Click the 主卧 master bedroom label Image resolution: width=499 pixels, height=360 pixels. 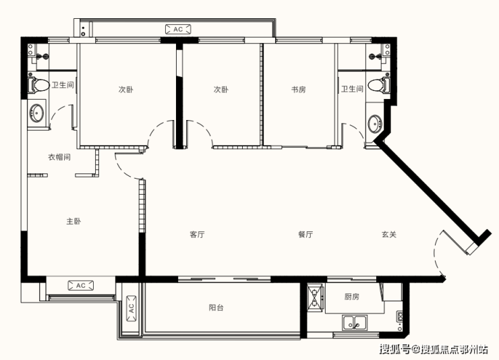click(x=74, y=221)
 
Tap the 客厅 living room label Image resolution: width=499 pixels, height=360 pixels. click(x=197, y=235)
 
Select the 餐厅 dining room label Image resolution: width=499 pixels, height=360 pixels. click(x=305, y=235)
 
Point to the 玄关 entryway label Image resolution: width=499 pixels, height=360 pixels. click(x=389, y=235)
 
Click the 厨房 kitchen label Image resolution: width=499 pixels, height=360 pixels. click(x=351, y=297)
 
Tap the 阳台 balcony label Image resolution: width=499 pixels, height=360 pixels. click(x=216, y=307)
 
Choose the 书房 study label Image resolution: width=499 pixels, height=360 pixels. click(x=299, y=90)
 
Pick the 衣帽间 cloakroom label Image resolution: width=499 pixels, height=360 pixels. click(x=59, y=157)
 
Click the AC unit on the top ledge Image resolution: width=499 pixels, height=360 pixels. click(x=178, y=29)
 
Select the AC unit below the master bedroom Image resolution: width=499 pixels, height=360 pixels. click(x=81, y=286)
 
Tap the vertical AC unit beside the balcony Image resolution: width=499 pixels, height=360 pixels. click(x=131, y=309)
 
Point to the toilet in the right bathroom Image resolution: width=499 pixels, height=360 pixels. click(x=379, y=85)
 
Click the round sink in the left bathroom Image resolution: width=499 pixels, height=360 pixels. click(x=36, y=113)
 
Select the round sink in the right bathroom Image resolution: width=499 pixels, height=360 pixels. click(x=375, y=124)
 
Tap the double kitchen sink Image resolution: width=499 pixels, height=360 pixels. click(x=355, y=322)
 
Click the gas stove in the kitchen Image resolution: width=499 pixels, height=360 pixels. click(x=315, y=298)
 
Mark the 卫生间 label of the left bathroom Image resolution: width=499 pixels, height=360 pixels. click(x=63, y=85)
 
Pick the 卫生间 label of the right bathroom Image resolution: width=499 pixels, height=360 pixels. click(x=352, y=89)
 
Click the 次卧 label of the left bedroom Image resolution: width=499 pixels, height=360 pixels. click(x=125, y=90)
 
